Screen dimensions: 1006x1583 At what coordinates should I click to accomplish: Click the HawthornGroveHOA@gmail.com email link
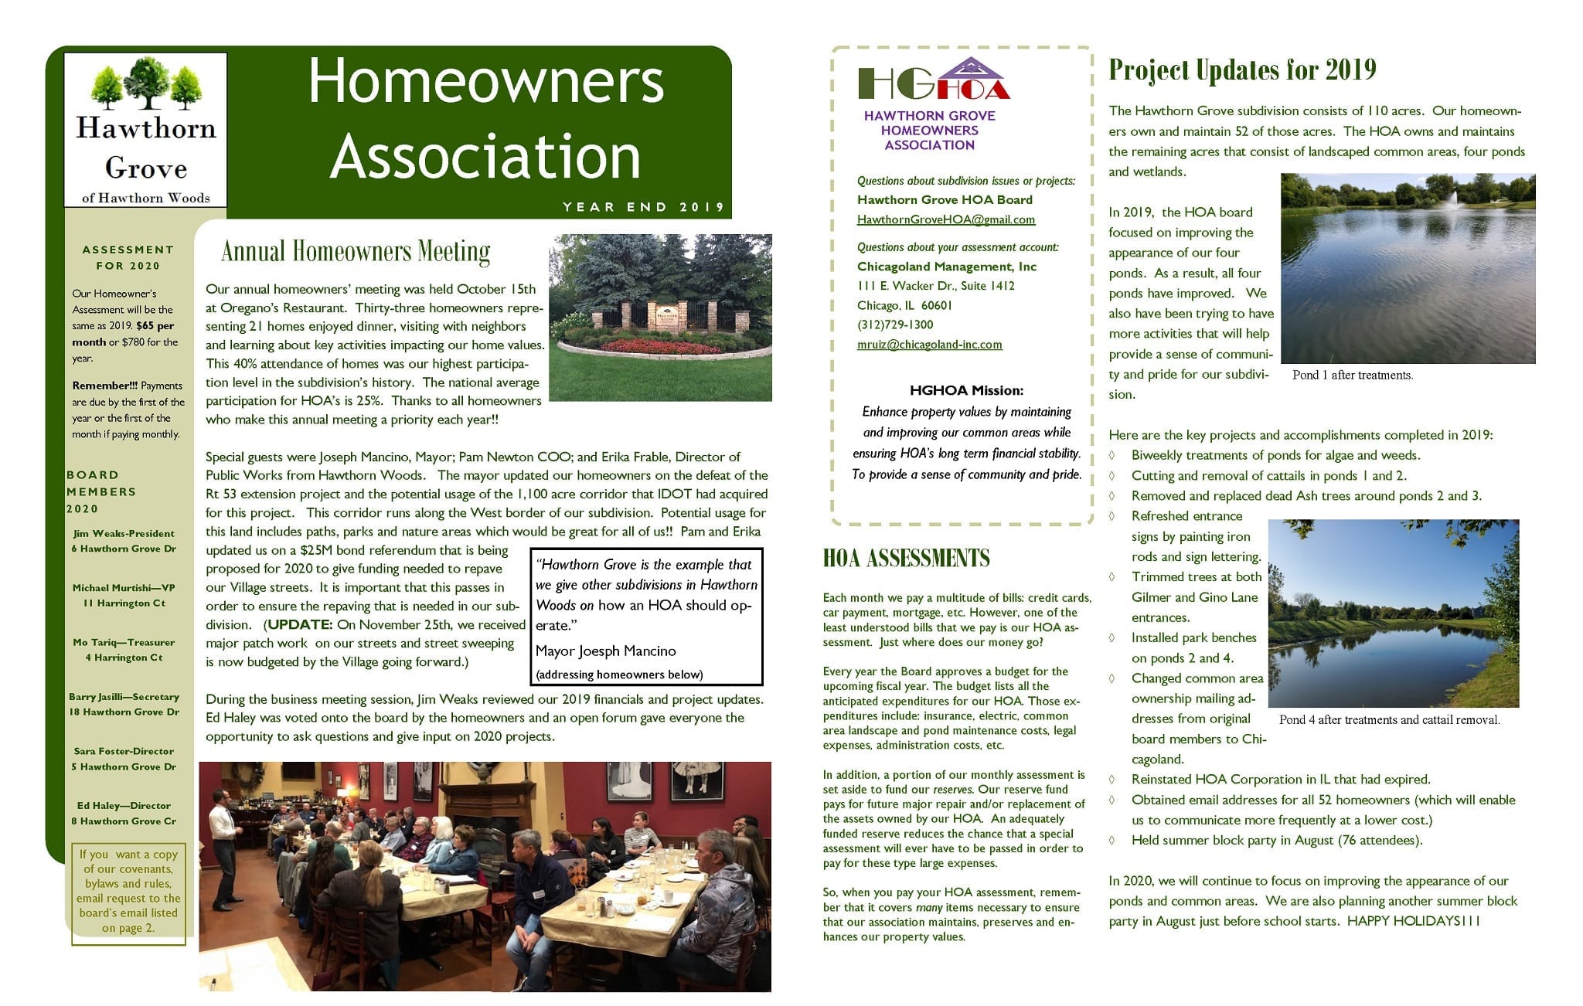[x=945, y=219]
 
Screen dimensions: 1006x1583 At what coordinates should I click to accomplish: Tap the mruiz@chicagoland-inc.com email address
[x=929, y=345]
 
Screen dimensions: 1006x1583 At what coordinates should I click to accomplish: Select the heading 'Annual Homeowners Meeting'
[x=356, y=252]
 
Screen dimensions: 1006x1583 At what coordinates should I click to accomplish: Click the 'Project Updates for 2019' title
[x=1242, y=70]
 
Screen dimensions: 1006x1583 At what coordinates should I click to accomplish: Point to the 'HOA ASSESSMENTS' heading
[x=906, y=559]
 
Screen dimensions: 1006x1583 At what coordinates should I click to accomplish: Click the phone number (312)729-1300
[x=895, y=325]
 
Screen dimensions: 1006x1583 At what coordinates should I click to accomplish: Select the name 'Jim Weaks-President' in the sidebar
[x=124, y=533]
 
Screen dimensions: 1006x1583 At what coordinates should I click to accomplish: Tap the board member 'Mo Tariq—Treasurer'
[x=124, y=642]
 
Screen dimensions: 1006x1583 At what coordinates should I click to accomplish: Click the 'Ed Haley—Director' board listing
[x=124, y=805]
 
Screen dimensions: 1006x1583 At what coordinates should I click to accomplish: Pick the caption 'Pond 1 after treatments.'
[x=1352, y=376]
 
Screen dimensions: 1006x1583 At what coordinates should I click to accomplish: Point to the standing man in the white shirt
[x=226, y=846]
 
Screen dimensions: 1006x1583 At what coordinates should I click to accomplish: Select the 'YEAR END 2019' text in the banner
[x=643, y=207]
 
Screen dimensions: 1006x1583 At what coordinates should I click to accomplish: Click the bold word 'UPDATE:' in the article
[x=300, y=624]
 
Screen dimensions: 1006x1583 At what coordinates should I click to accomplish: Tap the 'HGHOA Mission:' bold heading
[x=966, y=390]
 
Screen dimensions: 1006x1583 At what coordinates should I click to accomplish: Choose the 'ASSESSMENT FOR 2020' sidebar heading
[x=128, y=257]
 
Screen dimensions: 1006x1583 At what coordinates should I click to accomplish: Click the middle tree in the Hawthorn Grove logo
[x=146, y=80]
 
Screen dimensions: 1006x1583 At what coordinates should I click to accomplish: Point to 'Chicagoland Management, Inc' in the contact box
[x=947, y=267]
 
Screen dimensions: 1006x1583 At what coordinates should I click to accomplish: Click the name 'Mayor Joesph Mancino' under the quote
[x=605, y=651]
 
